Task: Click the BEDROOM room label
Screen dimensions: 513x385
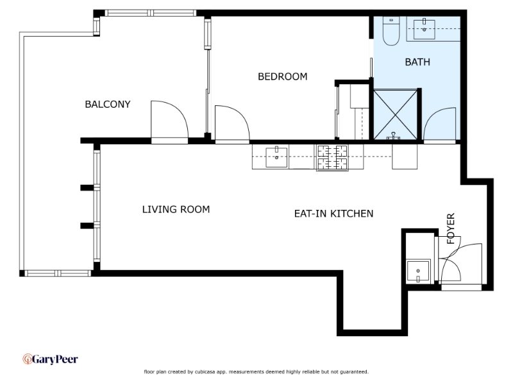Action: tap(283, 76)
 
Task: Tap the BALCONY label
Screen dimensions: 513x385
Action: tap(108, 105)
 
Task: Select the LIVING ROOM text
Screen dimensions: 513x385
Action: tap(176, 210)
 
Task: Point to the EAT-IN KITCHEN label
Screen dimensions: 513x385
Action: tap(333, 214)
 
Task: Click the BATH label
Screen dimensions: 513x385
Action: tap(417, 62)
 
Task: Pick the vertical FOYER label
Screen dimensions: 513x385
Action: tap(451, 228)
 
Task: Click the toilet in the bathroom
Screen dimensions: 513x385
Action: tap(391, 31)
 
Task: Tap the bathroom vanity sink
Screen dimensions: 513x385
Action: tap(425, 29)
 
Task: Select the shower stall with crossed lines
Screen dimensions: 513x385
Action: tap(396, 114)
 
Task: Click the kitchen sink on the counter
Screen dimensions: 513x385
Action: tap(276, 157)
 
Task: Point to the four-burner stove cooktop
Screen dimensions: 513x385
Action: tap(332, 157)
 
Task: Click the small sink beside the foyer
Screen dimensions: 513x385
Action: tap(418, 271)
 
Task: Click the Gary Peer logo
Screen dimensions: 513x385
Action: tap(51, 359)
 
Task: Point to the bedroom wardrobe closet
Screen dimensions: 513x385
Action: tap(353, 111)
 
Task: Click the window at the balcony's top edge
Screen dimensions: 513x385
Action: tap(151, 13)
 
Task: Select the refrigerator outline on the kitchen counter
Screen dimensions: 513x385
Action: tap(405, 157)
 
